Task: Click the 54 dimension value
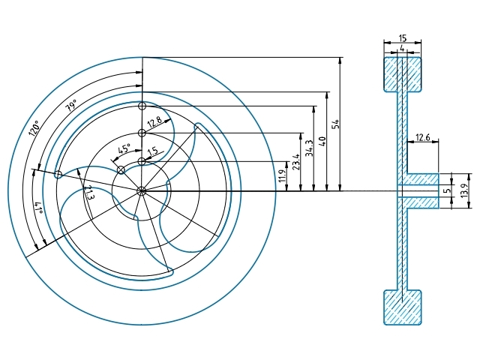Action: (x=335, y=124)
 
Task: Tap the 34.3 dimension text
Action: (x=308, y=148)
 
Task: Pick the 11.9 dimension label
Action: (x=282, y=175)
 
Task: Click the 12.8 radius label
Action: (x=154, y=121)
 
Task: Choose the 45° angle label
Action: (x=124, y=149)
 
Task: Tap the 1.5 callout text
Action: (x=153, y=151)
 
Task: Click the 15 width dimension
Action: (x=403, y=37)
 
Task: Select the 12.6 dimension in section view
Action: (x=422, y=137)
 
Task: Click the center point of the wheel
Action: (x=142, y=190)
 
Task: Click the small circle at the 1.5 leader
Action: (x=141, y=161)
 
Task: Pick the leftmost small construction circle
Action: (x=58, y=174)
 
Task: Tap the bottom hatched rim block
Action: (x=403, y=307)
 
